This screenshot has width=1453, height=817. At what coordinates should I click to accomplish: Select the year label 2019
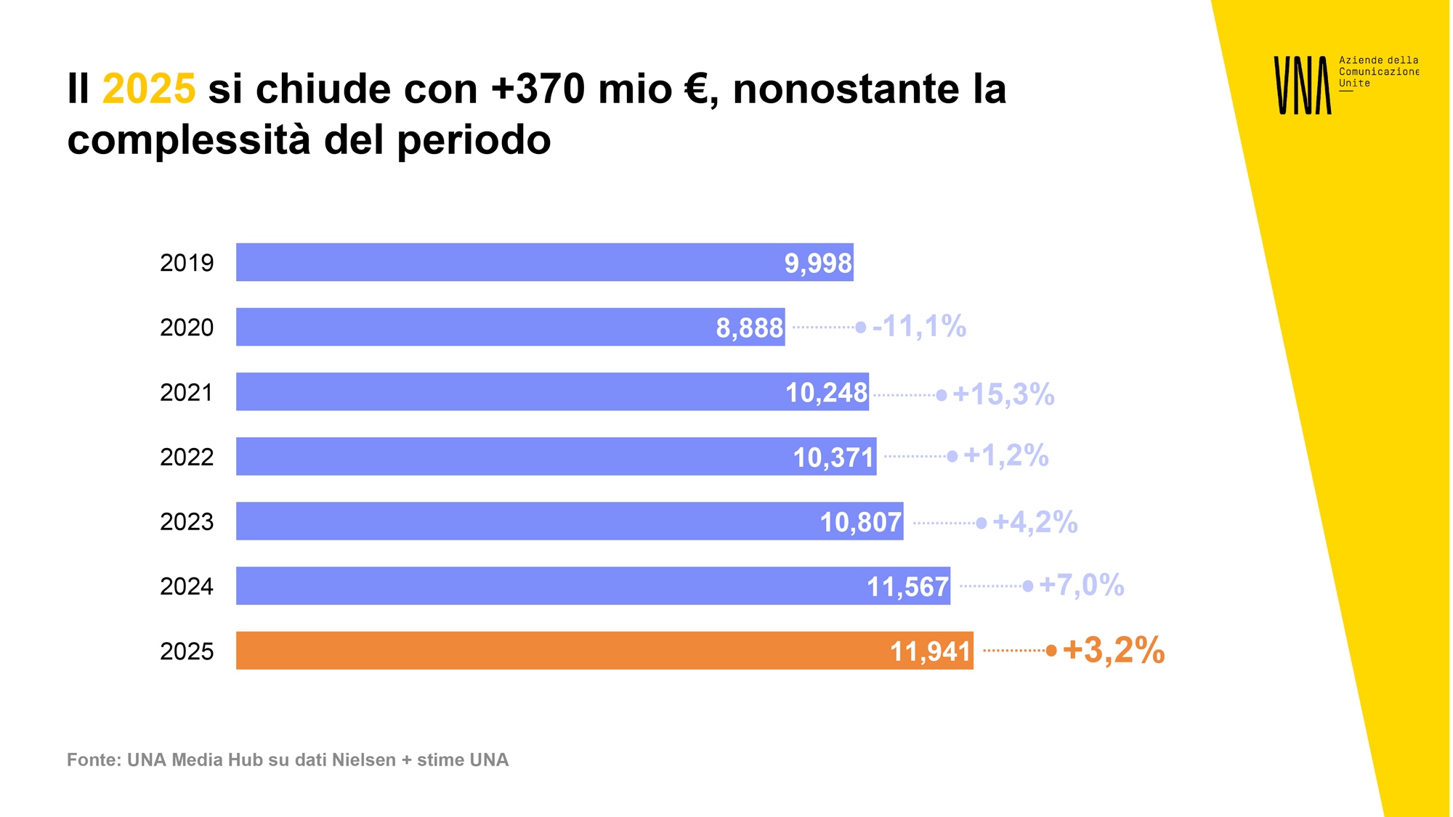pos(187,263)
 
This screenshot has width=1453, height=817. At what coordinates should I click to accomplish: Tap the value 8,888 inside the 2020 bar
pos(749,328)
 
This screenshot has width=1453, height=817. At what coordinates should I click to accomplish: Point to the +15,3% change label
pos(1003,394)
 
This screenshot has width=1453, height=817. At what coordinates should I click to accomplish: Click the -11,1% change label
pos(919,327)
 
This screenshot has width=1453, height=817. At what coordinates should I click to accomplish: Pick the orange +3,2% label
pos(1113,650)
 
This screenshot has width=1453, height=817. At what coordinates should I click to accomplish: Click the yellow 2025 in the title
pos(149,89)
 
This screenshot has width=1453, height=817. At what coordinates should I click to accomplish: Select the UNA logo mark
pos(1303,85)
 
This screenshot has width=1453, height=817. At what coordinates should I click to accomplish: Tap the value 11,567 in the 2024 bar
pos(907,587)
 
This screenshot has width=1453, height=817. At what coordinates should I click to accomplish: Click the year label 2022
pos(187,458)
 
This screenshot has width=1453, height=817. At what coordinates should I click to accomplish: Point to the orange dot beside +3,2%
pos(1051,651)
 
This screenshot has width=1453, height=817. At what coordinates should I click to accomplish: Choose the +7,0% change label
pos(1081,585)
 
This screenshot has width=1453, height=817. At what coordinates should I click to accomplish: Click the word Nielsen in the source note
pos(363,760)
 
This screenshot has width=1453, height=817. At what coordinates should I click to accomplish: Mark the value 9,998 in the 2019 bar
pos(817,264)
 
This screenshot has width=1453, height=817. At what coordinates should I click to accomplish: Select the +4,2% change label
pos(1035,522)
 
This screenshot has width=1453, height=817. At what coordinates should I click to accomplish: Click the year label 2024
pos(187,587)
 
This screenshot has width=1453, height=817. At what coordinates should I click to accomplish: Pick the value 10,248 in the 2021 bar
pos(826,393)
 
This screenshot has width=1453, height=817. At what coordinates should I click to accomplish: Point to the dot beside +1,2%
pos(952,457)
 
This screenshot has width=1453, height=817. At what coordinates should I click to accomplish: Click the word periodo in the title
pos(474,139)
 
